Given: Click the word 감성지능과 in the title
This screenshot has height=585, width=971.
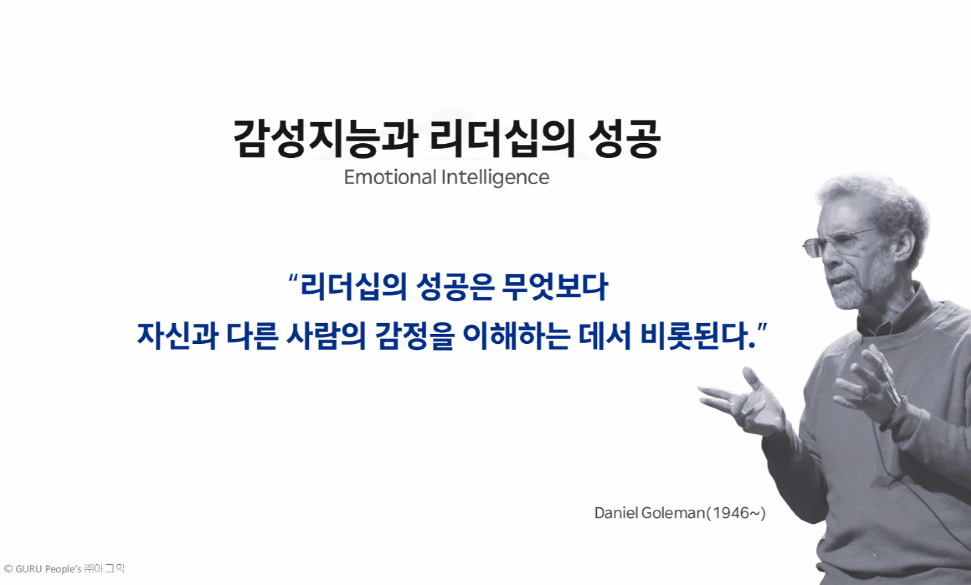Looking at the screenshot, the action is (x=325, y=138).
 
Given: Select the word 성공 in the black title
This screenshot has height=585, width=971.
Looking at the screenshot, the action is (x=625, y=138).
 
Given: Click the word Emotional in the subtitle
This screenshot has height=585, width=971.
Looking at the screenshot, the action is (x=390, y=177).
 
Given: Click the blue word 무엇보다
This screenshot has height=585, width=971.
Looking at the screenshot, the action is (x=555, y=286).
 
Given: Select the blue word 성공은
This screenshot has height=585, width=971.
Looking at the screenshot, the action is (x=455, y=286).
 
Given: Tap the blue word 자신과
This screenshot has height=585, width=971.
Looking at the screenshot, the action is (x=178, y=336).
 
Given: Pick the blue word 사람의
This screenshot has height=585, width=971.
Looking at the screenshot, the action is (x=326, y=336).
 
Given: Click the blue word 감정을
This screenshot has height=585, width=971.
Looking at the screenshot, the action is (x=415, y=336).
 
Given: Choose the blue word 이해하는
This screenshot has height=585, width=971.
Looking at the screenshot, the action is (x=516, y=336).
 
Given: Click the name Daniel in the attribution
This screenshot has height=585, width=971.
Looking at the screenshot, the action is (x=616, y=513).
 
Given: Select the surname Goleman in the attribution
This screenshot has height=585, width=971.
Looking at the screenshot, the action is (x=673, y=513).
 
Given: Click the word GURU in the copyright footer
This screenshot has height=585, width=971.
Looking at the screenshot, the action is (x=29, y=569).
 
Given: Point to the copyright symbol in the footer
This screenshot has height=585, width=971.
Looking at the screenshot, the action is (x=8, y=569).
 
